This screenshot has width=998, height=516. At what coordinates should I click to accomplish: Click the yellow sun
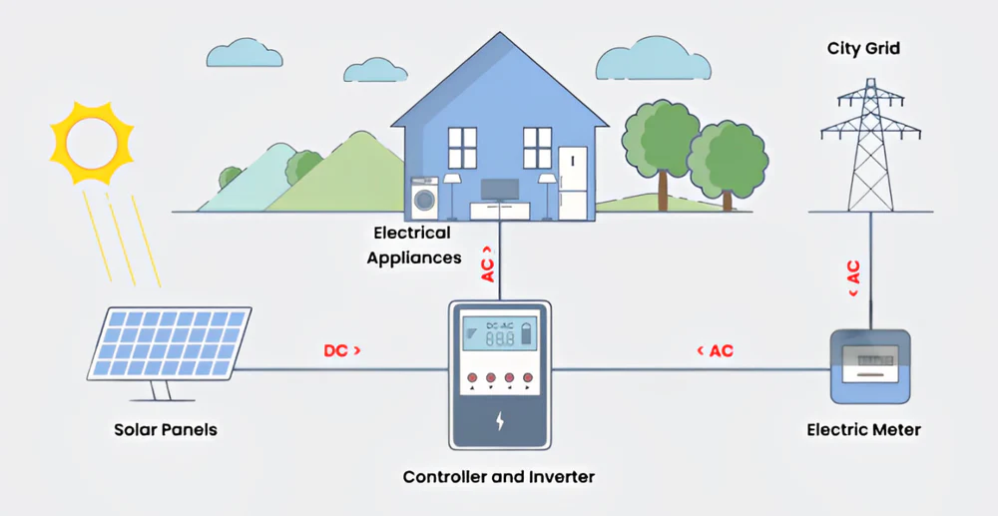coord(92,141)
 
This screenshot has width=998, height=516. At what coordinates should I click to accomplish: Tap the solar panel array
coord(171,344)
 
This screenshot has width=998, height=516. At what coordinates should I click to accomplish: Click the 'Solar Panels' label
coord(166,430)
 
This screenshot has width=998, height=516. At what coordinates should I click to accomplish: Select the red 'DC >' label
coord(342,351)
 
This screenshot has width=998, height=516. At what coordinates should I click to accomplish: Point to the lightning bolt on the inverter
coord(500,420)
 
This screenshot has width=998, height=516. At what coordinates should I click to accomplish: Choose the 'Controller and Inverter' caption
coord(498,477)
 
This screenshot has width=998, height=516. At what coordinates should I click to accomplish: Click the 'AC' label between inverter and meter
coord(716,351)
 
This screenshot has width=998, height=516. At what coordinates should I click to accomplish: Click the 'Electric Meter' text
coord(863,430)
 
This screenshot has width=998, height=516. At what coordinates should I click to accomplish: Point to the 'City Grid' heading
coord(863,48)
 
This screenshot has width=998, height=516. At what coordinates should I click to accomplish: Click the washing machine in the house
coord(425,198)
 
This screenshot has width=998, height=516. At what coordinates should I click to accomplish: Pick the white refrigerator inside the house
coord(573,182)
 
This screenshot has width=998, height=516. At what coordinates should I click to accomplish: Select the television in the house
coord(499,190)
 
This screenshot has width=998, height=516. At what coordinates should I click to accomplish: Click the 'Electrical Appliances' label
coord(412,245)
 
